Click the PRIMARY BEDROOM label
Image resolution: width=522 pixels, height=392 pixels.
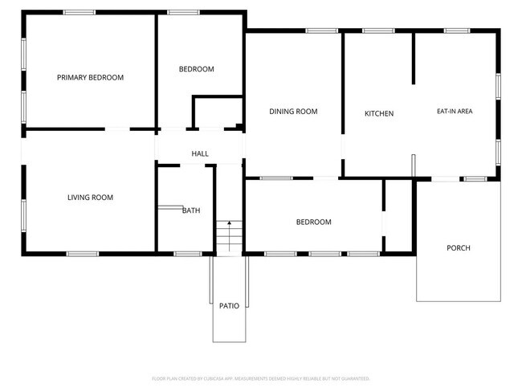tap(90, 78)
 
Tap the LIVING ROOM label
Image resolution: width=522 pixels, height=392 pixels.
tap(90, 198)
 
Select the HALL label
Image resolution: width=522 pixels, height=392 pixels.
tap(200, 154)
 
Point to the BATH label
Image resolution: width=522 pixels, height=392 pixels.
tap(191, 210)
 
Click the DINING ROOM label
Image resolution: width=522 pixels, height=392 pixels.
tap(293, 112)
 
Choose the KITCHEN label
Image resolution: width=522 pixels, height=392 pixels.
tap(379, 114)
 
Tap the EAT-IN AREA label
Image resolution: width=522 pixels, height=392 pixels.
tap(455, 112)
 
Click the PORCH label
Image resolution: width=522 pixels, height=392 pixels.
tap(458, 248)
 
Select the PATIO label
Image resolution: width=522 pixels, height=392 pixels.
tap(229, 306)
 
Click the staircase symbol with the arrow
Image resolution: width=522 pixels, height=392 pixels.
tap(229, 238)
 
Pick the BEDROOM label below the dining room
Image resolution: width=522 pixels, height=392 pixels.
tap(313, 223)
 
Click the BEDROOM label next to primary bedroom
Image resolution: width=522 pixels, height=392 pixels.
tap(196, 69)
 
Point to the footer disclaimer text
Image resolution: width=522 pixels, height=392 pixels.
tap(261, 378)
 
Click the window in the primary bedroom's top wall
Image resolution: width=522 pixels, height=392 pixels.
tap(79, 12)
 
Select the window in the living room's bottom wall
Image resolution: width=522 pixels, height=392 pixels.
tap(82, 254)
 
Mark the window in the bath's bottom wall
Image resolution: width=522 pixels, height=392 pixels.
tap(187, 254)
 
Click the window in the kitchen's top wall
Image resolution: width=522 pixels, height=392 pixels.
tap(378, 31)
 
